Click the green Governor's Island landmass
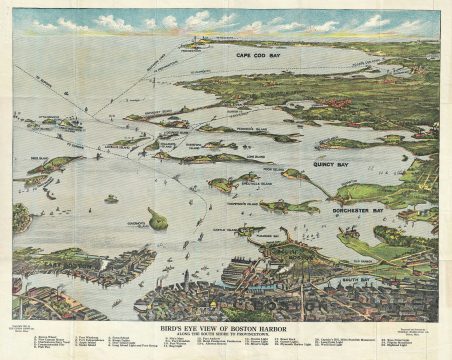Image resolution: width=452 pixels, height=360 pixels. [x=157, y=218]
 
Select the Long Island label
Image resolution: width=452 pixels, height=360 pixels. [x=228, y=156]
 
